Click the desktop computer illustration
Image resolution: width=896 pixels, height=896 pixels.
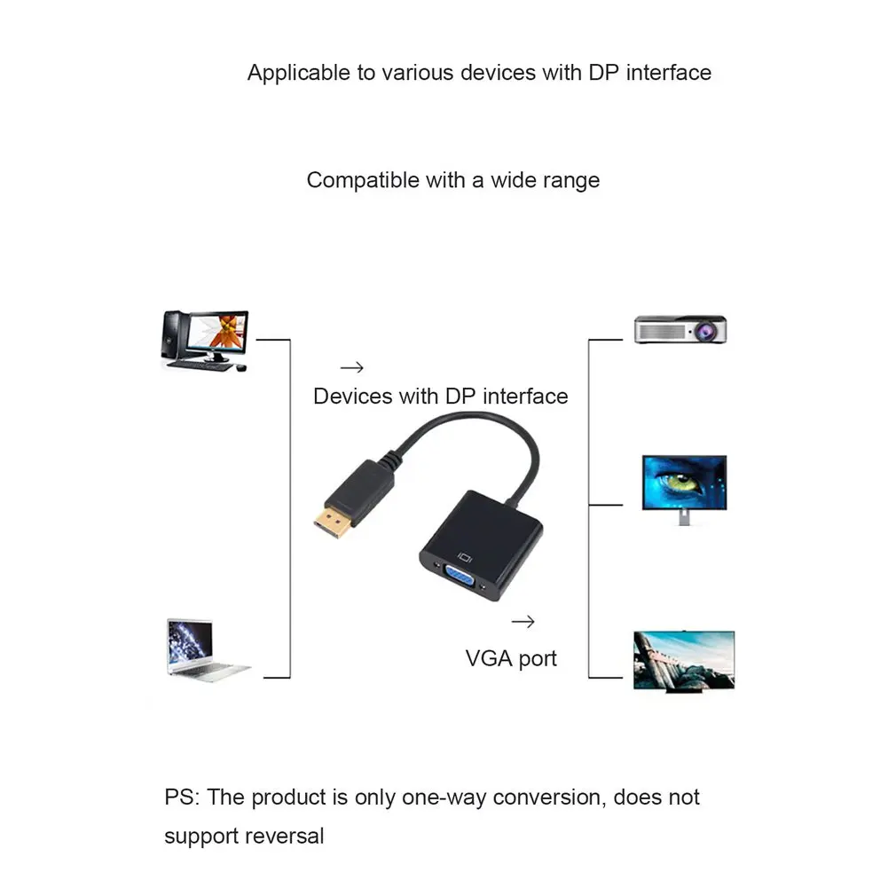point(205,339)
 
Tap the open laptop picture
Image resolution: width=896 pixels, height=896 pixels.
point(205,649)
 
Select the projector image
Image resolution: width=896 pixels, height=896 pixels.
point(680,330)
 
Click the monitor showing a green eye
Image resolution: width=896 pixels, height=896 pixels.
point(683,487)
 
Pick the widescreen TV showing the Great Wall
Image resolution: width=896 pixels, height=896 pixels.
point(683,660)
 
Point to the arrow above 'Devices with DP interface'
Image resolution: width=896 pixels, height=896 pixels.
point(352,367)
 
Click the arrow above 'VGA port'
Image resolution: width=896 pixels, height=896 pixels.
point(523,622)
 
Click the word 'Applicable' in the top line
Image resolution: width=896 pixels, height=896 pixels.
point(298,73)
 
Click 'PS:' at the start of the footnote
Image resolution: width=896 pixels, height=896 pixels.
point(182,797)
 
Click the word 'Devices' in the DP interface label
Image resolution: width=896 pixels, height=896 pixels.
point(352,396)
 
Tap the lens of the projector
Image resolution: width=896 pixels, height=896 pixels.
point(707,331)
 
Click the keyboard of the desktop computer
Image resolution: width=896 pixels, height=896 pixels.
point(199,364)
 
